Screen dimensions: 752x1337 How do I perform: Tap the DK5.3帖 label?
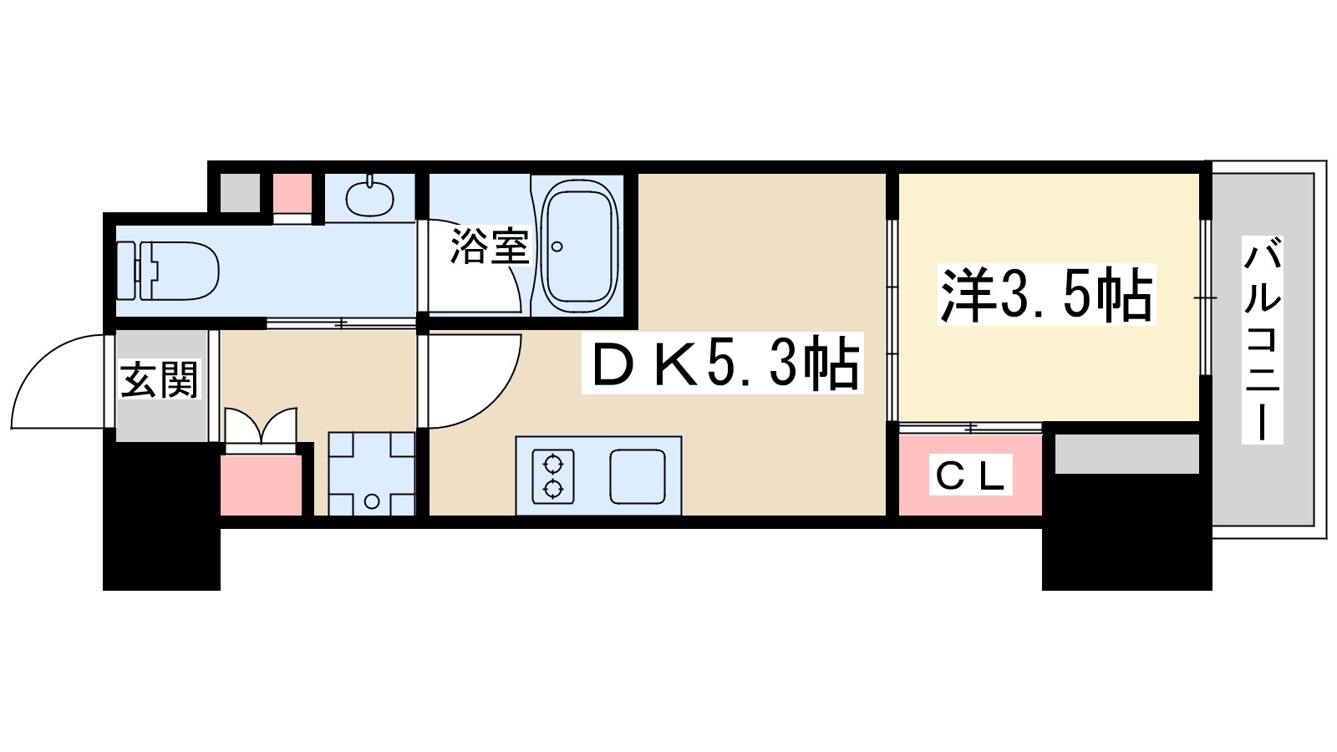723,364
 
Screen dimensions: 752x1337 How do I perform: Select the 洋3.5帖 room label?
1046,295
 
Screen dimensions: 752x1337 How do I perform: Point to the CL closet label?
969,475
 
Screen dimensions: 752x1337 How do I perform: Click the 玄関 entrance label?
159,380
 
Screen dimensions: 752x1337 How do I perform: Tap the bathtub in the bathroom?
580,248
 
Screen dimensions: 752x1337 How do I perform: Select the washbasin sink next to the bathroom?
369,198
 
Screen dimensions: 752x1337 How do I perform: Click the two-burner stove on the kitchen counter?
553,476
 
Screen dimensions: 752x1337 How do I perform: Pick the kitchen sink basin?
638,476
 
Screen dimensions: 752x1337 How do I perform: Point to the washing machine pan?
371,474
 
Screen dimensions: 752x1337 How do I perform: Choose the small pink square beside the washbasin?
292,194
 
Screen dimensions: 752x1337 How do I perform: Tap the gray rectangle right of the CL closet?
1126,455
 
